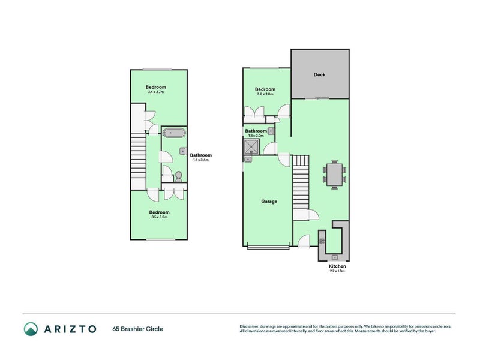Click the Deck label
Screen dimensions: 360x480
point(319,75)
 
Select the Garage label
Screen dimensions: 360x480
point(269,202)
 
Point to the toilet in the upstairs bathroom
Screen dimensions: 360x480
point(178,176)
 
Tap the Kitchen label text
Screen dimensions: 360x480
point(337,266)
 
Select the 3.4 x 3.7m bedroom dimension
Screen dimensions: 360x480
point(156,92)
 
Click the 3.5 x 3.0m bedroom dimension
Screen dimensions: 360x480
point(159,217)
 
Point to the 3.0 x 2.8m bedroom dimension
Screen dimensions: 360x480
point(265,94)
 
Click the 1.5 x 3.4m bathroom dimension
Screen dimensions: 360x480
point(201,160)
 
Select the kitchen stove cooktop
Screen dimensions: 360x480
point(322,241)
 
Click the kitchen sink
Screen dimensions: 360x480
point(334,257)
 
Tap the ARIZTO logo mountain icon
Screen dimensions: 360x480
point(31,328)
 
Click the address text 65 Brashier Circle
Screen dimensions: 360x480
point(137,329)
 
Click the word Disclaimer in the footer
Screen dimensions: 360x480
point(251,326)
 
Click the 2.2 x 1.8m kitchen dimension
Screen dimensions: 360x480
point(337,271)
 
